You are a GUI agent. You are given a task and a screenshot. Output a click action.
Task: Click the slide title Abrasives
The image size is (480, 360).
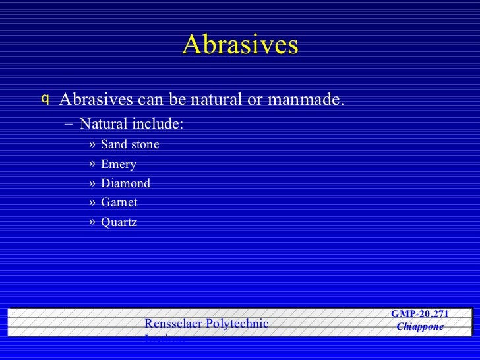tap(240, 45)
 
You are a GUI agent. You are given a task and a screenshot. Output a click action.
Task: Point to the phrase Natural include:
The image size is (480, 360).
tap(132, 124)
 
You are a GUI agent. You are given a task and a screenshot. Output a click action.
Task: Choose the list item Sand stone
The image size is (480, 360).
tap(130, 144)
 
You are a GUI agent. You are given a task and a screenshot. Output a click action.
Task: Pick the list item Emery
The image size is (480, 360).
tap(119, 164)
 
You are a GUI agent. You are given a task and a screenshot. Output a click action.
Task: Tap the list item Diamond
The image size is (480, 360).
tap(125, 183)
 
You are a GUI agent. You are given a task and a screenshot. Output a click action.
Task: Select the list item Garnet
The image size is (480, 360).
tap(119, 203)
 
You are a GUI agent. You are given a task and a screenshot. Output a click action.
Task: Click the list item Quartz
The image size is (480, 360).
tap(119, 223)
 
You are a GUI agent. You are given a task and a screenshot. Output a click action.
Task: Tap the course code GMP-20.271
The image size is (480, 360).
tap(420, 314)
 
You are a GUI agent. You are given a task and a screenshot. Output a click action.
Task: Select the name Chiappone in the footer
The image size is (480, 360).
tap(420, 327)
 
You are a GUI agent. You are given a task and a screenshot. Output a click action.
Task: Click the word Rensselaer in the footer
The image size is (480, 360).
tap(173, 324)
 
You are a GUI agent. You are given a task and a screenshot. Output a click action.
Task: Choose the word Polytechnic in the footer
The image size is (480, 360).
tap(237, 324)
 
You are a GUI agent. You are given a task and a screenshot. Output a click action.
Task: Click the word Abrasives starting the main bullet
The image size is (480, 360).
tap(96, 100)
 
